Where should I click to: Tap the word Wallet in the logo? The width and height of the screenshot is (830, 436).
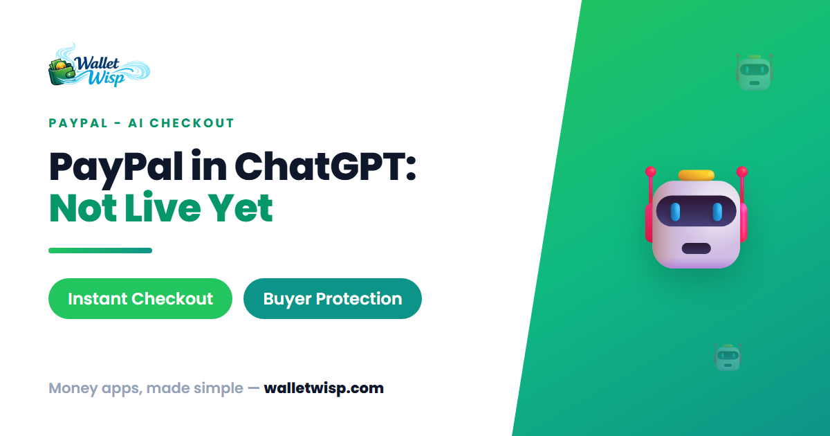coord(97,64)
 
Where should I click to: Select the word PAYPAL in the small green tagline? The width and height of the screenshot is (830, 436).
coord(78,123)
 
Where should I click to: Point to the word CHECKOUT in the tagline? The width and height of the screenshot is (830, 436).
coord(192,123)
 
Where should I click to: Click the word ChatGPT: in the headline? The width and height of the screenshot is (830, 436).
coord(325,166)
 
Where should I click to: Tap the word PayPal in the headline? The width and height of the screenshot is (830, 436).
coord(116,169)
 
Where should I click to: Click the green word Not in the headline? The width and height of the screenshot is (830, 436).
coord(84,208)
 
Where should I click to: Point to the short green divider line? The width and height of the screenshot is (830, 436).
coord(100,251)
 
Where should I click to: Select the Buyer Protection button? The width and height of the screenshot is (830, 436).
coord(333,298)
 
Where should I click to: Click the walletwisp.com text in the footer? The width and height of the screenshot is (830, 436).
coord(324,388)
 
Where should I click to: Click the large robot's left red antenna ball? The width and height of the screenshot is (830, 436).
coord(651,172)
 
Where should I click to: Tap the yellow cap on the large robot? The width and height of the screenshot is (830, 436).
coord(697,175)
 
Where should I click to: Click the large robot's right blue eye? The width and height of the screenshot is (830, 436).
coord(717,212)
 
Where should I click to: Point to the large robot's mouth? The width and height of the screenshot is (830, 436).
coord(697,248)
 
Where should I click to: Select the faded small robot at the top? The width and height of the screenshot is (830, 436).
coord(754,72)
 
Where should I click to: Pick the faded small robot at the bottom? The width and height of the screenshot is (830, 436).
coord(728,357)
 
